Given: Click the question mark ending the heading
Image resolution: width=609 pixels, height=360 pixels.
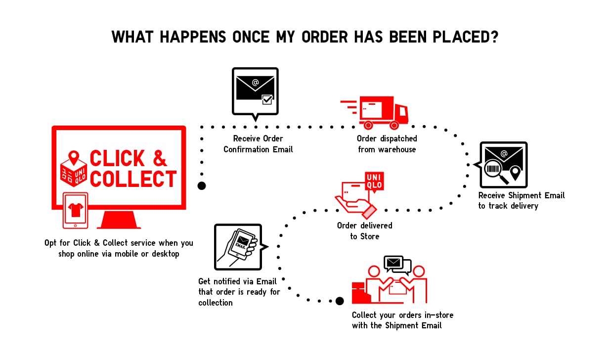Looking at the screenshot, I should click(x=491, y=37).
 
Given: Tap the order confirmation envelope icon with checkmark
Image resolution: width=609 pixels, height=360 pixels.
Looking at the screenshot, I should click(x=255, y=91).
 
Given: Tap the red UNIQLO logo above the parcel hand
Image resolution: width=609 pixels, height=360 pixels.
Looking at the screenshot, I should click(x=374, y=181).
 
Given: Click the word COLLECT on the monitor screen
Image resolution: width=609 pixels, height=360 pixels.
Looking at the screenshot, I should click(x=133, y=179).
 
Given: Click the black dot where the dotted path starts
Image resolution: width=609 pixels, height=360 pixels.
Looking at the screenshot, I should click(x=202, y=186).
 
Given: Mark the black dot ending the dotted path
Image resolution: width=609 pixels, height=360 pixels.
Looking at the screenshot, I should click(x=340, y=301).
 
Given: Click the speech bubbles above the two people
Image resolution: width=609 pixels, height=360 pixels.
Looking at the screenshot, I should click(x=397, y=265).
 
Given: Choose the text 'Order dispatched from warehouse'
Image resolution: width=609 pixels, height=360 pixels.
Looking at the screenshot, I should click(x=387, y=143).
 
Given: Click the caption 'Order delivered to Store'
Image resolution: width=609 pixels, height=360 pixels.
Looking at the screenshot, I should click(x=364, y=231).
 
